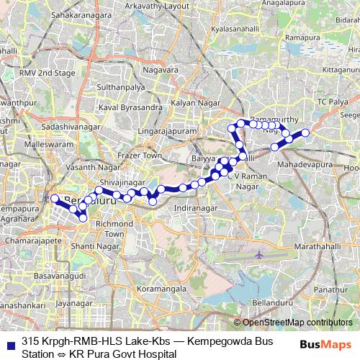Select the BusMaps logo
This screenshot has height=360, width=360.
325,343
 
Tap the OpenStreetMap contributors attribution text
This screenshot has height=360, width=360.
297,323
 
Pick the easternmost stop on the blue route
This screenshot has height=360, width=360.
305,132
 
